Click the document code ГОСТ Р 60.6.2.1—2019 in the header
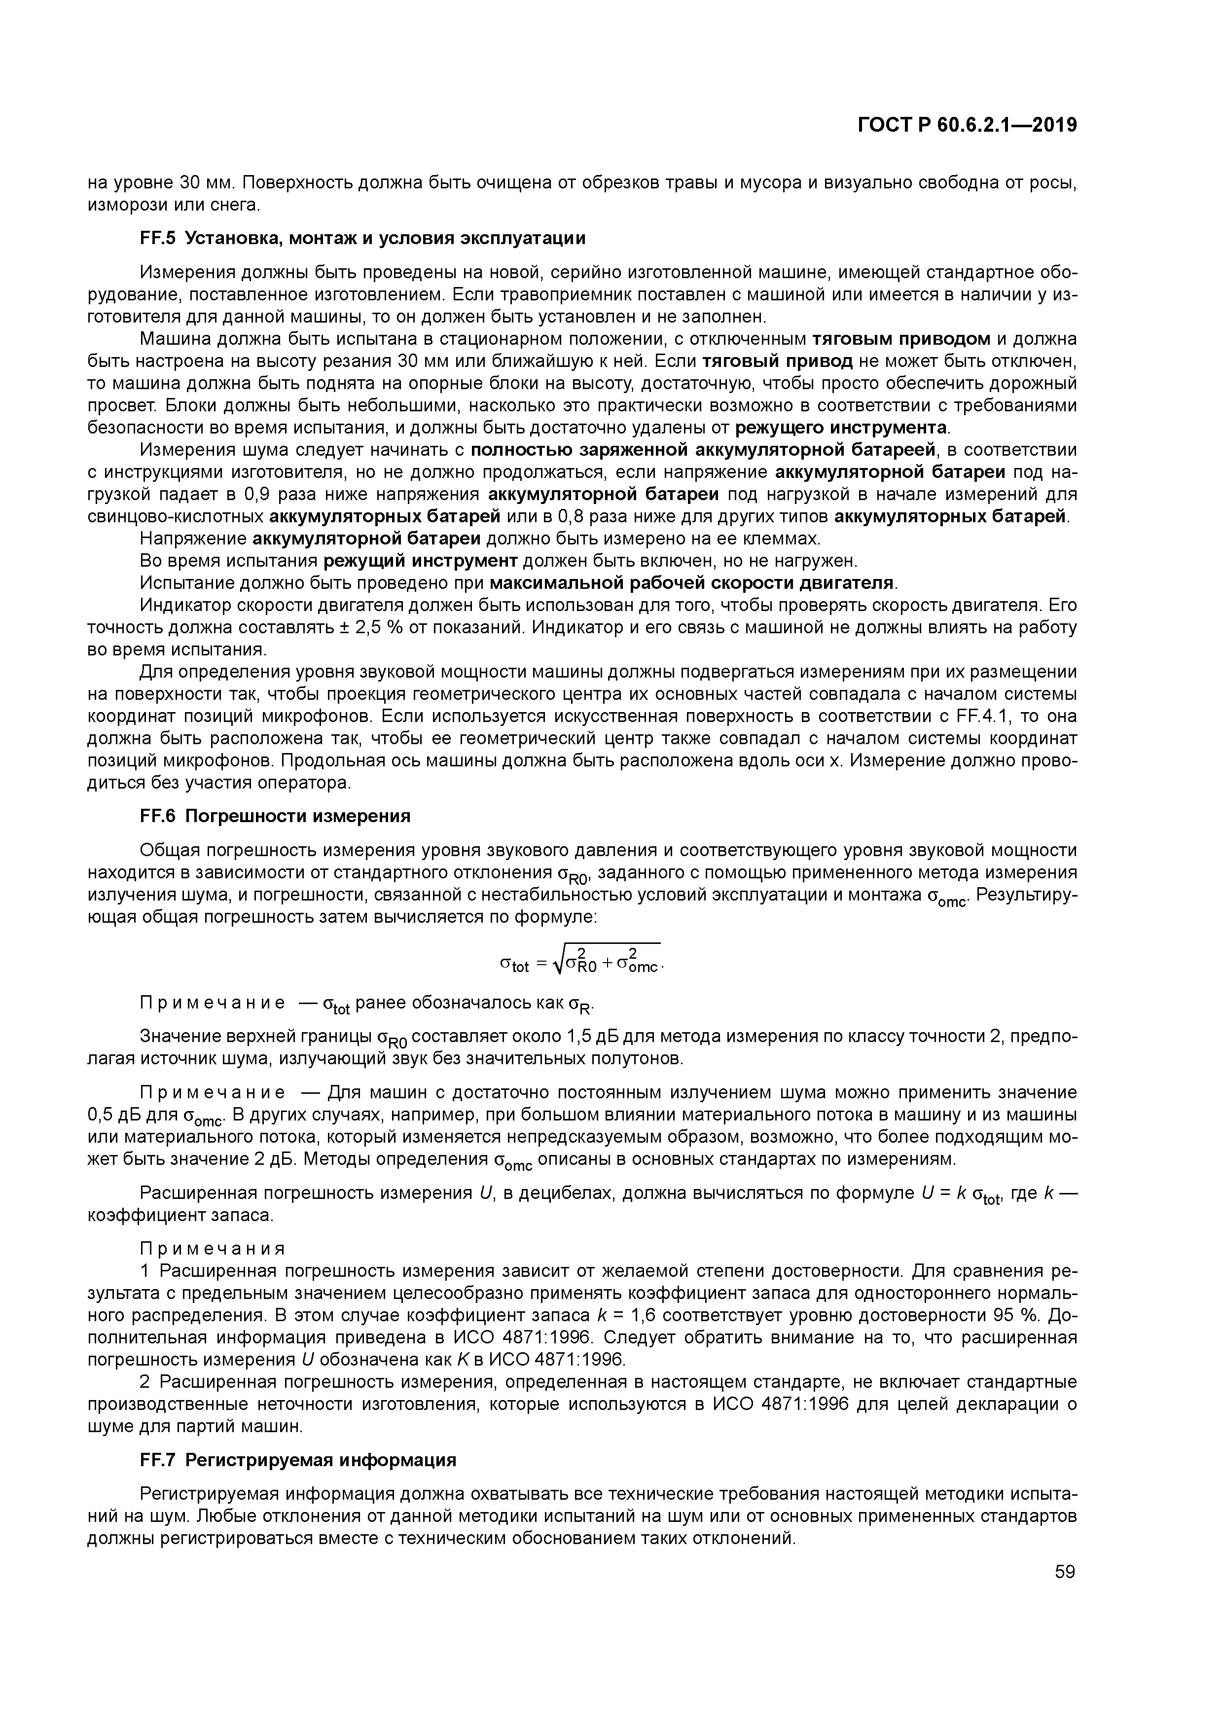(x=968, y=125)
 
